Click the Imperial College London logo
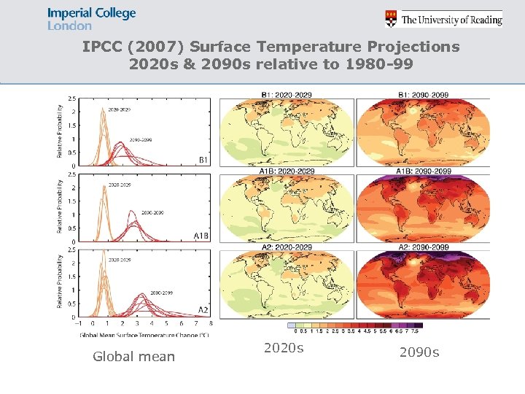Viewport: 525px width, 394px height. (91, 19)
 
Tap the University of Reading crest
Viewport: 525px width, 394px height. (392, 18)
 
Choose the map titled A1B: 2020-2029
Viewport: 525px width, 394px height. (287, 209)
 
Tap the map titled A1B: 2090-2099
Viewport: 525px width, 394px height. (423, 209)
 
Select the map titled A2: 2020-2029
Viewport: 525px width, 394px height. (287, 285)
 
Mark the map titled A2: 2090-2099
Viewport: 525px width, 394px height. (423, 285)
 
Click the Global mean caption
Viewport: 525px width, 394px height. (133, 357)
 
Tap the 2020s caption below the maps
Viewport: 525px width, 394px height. (283, 349)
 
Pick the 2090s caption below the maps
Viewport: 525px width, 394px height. (419, 353)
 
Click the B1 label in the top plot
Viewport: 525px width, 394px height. (203, 159)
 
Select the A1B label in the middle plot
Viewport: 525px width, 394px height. (202, 236)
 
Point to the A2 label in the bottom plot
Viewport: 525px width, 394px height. (204, 310)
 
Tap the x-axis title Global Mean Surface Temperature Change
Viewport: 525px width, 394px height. (144, 334)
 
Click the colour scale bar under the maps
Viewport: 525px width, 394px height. (355, 325)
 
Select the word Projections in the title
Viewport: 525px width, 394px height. (414, 47)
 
